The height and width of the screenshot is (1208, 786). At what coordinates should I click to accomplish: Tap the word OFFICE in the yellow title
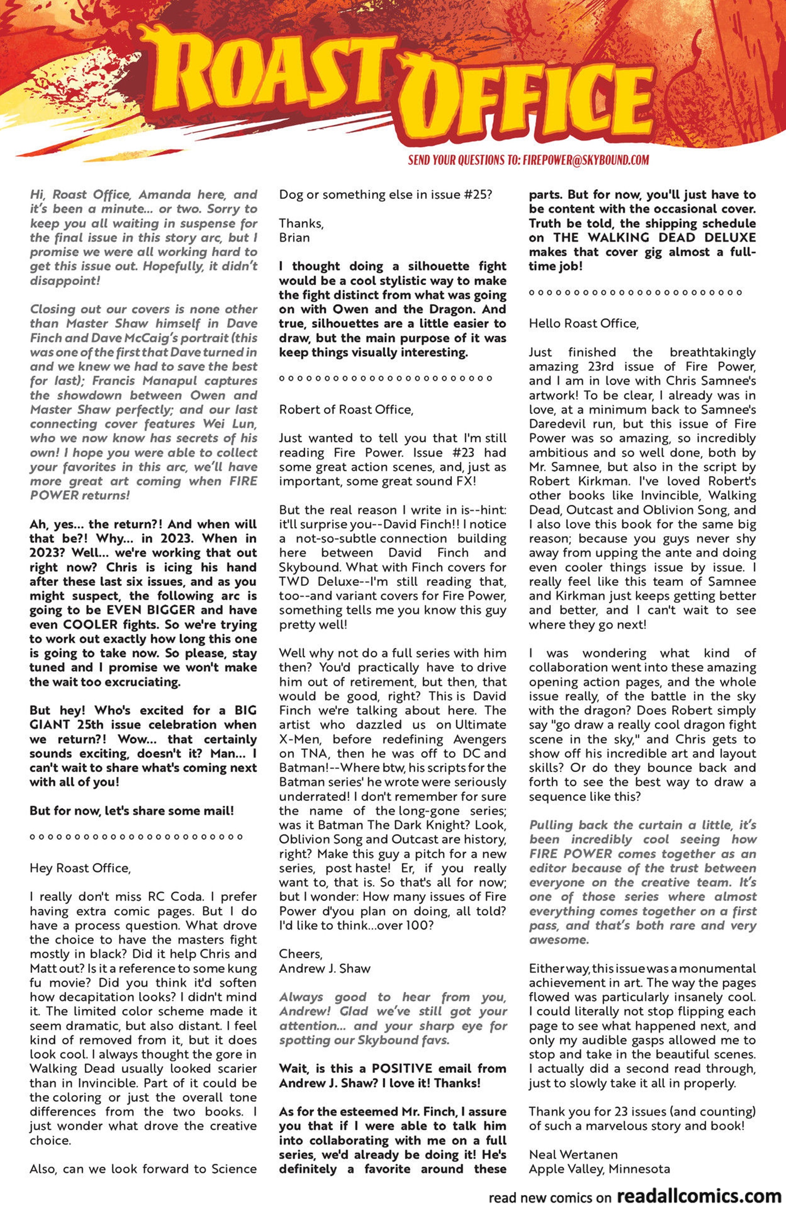(528, 104)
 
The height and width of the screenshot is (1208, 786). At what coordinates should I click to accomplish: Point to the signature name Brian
(294, 237)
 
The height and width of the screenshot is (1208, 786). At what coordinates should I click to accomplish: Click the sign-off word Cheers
(300, 954)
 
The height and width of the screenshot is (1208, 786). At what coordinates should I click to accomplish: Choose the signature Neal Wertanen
(573, 1154)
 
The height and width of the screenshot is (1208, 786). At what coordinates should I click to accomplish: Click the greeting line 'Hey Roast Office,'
(80, 868)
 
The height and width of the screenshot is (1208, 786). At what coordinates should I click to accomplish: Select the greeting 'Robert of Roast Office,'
(346, 410)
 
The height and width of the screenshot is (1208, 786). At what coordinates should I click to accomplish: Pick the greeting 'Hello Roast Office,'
(583, 324)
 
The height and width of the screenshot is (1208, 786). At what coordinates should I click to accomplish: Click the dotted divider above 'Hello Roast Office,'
(634, 293)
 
